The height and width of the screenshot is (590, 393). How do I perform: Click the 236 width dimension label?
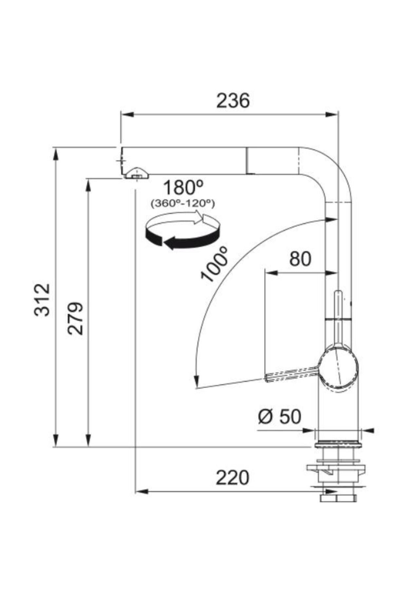click(233, 101)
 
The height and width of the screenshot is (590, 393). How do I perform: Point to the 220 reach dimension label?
click(232, 478)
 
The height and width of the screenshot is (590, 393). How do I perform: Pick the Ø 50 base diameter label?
click(279, 417)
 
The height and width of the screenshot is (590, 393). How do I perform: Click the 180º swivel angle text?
click(183, 187)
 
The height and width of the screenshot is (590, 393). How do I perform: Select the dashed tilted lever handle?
click(291, 374)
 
